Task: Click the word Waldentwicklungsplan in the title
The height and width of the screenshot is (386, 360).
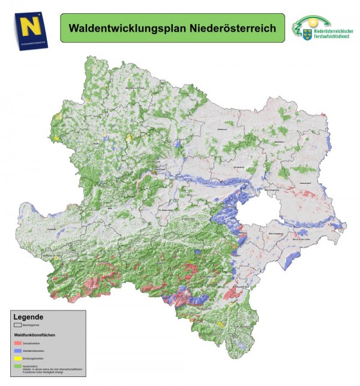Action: click(118, 28)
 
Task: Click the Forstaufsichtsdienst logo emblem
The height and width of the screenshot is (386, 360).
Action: click(306, 28)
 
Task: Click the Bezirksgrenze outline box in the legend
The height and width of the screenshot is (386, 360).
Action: click(17, 324)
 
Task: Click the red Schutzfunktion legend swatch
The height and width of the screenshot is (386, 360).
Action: click(17, 342)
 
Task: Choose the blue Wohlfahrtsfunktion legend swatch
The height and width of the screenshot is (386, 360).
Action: click(17, 350)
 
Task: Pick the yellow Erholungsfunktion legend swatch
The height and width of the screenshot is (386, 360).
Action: click(17, 358)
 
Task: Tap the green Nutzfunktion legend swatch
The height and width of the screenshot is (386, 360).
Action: click(17, 365)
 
